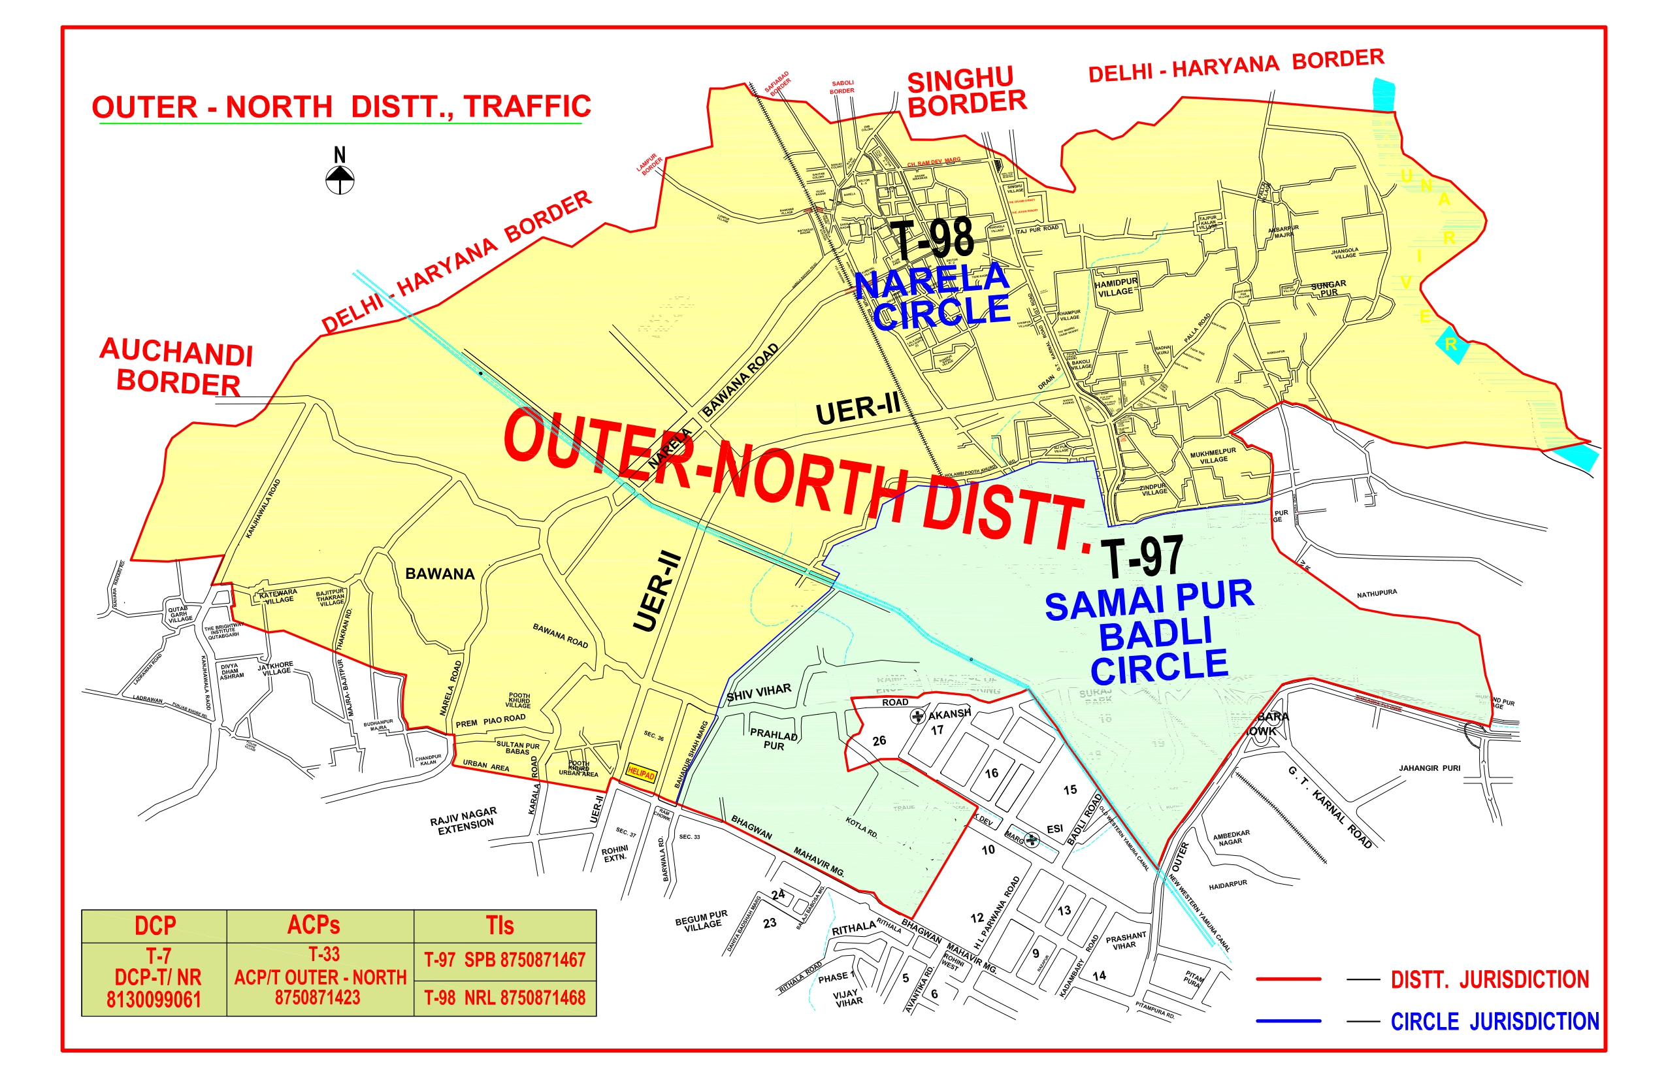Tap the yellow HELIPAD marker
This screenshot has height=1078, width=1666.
click(641, 774)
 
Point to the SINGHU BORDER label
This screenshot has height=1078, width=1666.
click(967, 92)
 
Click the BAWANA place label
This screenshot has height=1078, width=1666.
click(440, 574)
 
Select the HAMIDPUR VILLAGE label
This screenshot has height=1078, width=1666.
click(1116, 287)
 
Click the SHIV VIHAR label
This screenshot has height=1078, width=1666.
click(759, 693)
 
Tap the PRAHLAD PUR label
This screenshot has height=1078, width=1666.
click(774, 740)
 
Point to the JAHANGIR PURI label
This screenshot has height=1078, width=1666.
click(1429, 768)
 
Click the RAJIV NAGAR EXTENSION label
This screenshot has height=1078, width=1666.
click(464, 821)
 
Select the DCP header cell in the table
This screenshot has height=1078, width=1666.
click(155, 926)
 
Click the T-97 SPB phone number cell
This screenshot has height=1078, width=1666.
click(504, 960)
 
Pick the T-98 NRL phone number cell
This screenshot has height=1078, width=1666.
click(504, 998)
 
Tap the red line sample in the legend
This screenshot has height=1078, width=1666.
click(1288, 979)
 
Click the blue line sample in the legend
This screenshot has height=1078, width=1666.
click(1288, 1021)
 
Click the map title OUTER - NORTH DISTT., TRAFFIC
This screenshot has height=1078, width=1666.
click(342, 107)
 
